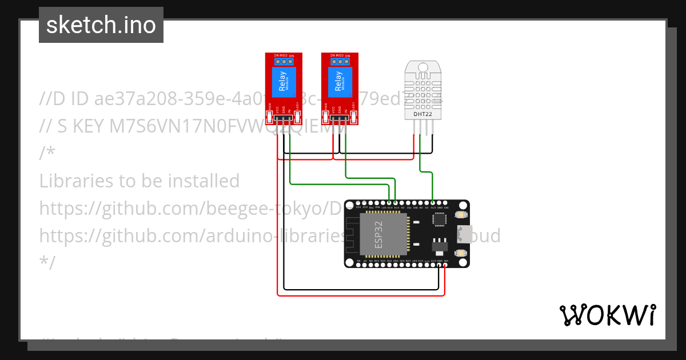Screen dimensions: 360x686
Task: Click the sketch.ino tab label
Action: click(x=101, y=25)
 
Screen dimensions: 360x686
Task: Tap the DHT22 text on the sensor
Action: click(x=423, y=114)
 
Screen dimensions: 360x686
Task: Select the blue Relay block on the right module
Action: click(x=338, y=82)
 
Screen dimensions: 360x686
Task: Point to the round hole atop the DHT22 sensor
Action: click(x=423, y=67)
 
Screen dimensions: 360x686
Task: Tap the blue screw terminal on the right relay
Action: click(x=339, y=61)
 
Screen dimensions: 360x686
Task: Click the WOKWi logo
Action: click(x=607, y=315)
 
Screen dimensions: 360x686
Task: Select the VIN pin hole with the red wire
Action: click(x=445, y=264)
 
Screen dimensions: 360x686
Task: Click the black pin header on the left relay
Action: click(x=283, y=118)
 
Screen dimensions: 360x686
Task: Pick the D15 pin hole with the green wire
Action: click(x=432, y=202)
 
